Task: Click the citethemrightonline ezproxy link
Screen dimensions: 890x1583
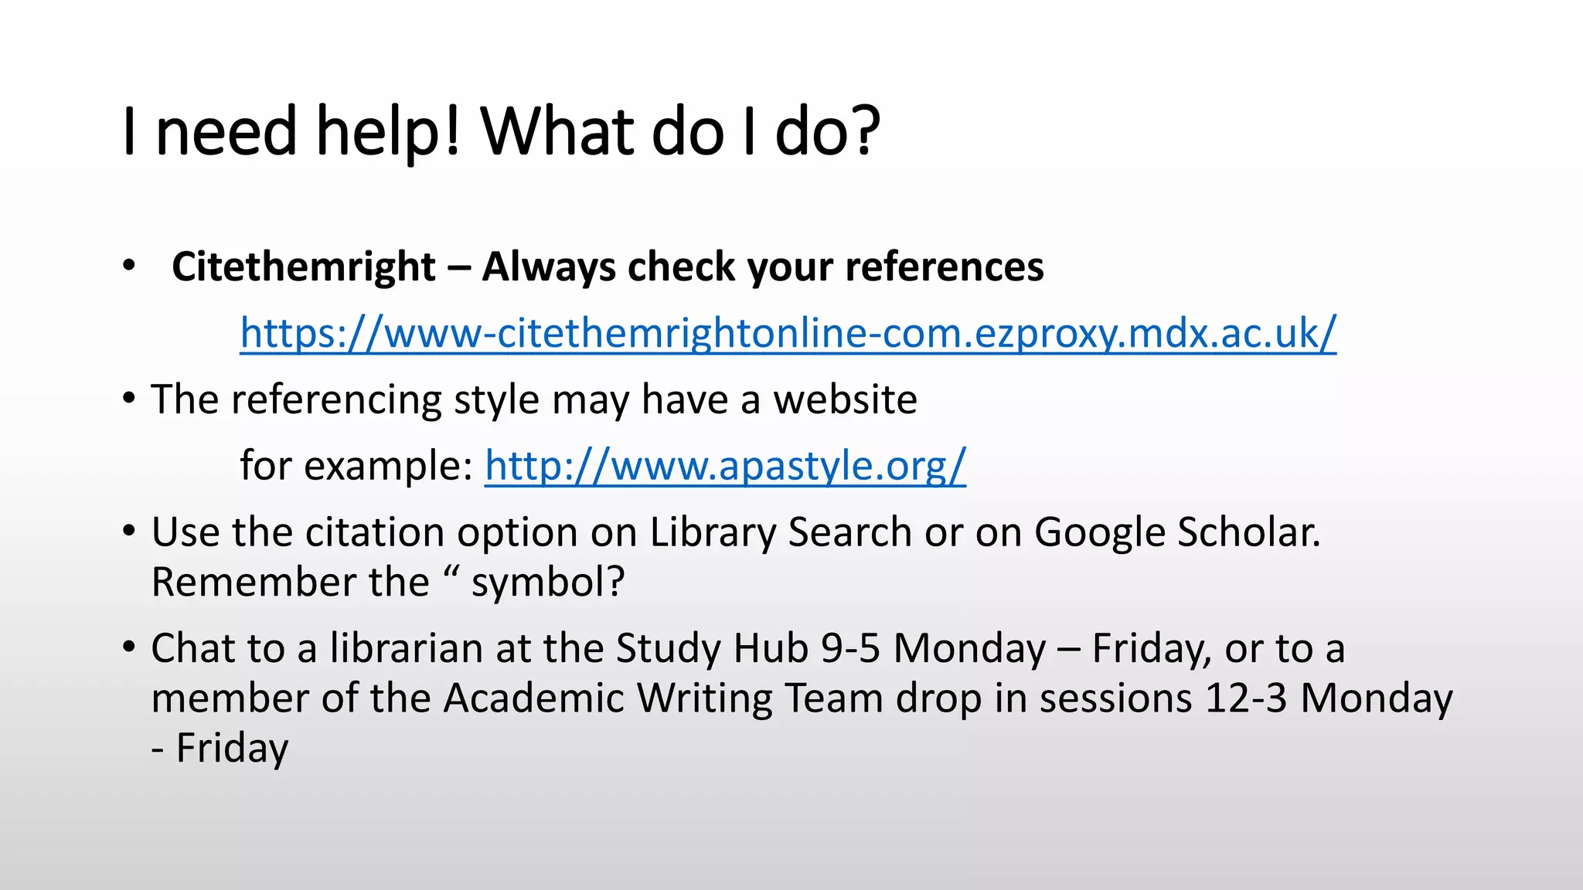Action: tap(788, 333)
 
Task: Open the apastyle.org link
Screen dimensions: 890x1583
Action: tap(725, 465)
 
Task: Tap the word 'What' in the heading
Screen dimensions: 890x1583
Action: tap(558, 131)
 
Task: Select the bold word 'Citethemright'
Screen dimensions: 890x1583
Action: tap(304, 267)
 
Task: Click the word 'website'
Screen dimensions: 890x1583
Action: tap(845, 399)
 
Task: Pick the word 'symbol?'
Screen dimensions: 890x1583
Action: tap(547, 583)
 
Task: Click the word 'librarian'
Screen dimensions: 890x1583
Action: tap(407, 648)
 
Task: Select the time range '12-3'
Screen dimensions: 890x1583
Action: tap(1245, 698)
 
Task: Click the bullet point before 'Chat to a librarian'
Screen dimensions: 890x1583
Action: tap(129, 647)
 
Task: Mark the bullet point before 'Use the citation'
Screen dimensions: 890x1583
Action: tap(129, 531)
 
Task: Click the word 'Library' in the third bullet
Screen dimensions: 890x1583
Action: tap(712, 532)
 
